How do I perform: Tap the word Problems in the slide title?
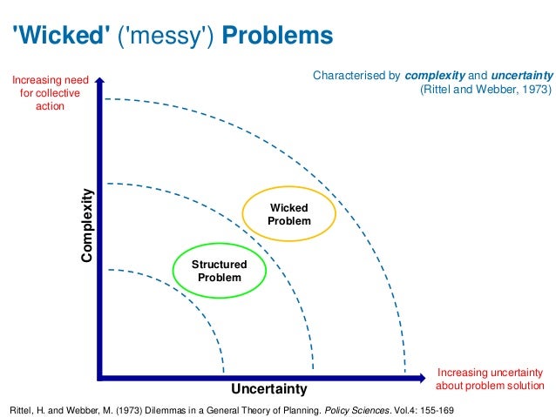[x=278, y=37]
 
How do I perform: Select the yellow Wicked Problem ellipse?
[x=289, y=215]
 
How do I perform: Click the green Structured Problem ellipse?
[x=219, y=272]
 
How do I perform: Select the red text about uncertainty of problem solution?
[x=489, y=379]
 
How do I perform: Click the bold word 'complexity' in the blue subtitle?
[x=418, y=76]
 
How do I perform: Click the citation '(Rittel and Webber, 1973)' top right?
[x=485, y=90]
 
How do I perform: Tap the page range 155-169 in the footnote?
[x=434, y=407]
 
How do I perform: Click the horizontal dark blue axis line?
[x=261, y=377]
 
